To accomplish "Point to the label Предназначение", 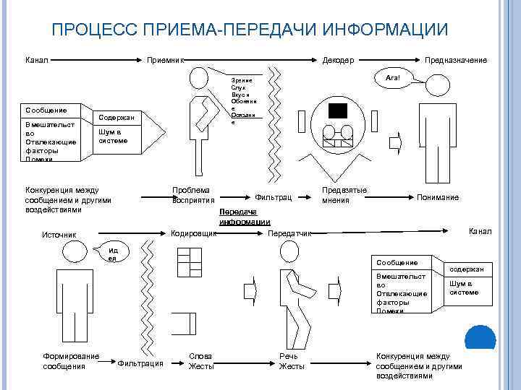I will tap(455, 60).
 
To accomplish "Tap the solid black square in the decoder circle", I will tap(337, 110).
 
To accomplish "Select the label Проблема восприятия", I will tap(193, 194).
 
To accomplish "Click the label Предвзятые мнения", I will tap(344, 194).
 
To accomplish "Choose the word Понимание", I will tap(438, 197).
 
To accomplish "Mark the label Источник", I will tap(59, 234).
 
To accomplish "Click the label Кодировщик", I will tap(193, 234).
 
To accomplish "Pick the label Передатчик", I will tap(289, 234).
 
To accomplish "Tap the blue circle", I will tap(479, 338).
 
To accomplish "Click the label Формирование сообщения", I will tap(70, 361).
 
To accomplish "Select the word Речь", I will tap(288, 356).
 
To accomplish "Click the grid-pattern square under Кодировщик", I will tap(189, 262).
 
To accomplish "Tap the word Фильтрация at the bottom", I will tap(140, 363).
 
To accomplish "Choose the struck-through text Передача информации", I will tap(245, 217).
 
